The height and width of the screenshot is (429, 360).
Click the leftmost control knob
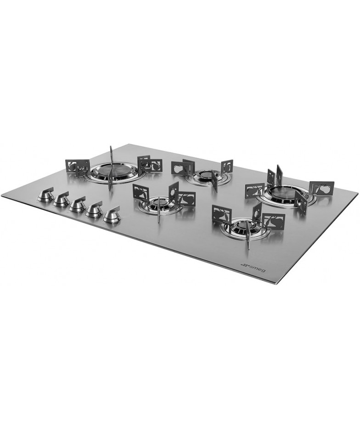[x=45, y=195]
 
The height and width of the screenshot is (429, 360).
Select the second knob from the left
[x=62, y=200]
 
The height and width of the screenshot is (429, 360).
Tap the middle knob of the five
[x=78, y=204]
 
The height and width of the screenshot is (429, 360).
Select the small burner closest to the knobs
[x=157, y=205]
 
